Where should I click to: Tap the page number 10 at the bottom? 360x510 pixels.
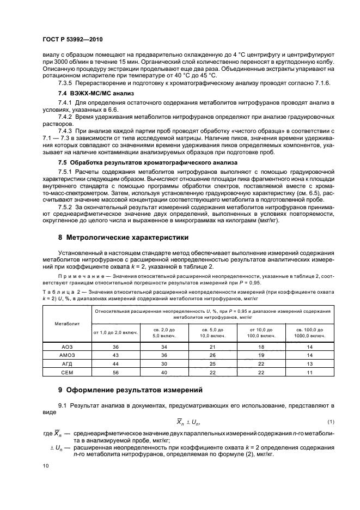pos(46,466)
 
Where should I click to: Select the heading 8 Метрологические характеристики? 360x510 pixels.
pos(123,238)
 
